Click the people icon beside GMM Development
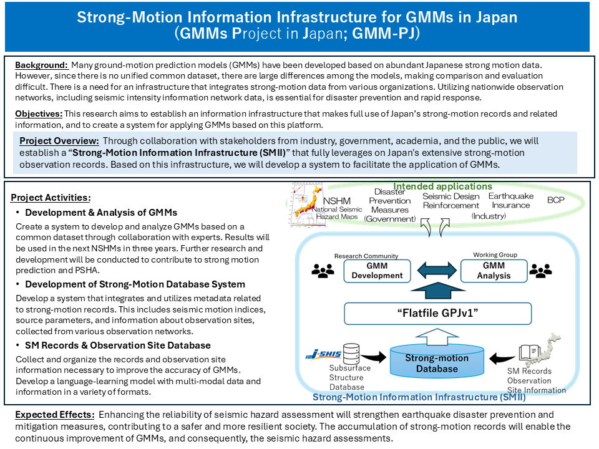pyautogui.click(x=322, y=271)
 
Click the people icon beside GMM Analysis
pyautogui.click(x=540, y=271)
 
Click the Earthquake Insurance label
pyautogui.click(x=510, y=201)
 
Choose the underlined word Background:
pyautogui.click(x=41, y=65)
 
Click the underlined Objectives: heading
pyautogui.click(x=39, y=114)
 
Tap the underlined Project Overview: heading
pyautogui.click(x=59, y=140)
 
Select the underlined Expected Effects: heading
pyautogui.click(x=52, y=415)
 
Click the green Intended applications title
pyautogui.click(x=442, y=186)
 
